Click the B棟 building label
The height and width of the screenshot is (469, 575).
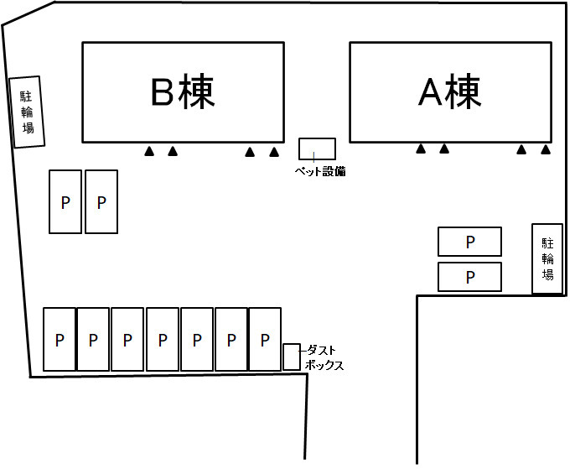[x=182, y=92]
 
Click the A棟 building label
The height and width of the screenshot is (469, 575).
[x=449, y=92]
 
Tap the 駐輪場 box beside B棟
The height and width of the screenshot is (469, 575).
[x=27, y=112]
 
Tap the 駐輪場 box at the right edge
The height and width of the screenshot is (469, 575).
[x=547, y=258]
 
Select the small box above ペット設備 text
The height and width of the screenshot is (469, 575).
[x=317, y=149]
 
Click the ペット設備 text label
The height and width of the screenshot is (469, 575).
[x=319, y=171]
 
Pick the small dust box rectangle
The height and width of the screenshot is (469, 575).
[x=291, y=357]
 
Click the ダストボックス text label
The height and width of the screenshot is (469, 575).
[x=324, y=358]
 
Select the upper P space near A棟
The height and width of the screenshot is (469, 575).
[x=469, y=242]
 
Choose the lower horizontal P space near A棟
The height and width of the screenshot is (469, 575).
[x=469, y=276]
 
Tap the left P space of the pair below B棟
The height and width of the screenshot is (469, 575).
[x=65, y=201]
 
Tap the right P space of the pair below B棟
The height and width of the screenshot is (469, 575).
[x=101, y=201]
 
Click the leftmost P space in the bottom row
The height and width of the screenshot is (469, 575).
[x=60, y=340]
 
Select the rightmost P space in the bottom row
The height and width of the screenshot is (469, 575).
[x=265, y=340]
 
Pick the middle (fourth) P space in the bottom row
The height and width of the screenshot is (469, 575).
[x=163, y=340]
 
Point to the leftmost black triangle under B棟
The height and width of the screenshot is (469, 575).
[x=149, y=152]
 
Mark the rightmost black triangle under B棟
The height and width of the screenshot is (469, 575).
[x=273, y=152]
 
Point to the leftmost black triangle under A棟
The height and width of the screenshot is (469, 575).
[x=421, y=149]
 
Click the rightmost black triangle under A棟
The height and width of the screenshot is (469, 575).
[x=546, y=149]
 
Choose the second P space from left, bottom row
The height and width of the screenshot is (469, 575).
[x=93, y=340]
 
